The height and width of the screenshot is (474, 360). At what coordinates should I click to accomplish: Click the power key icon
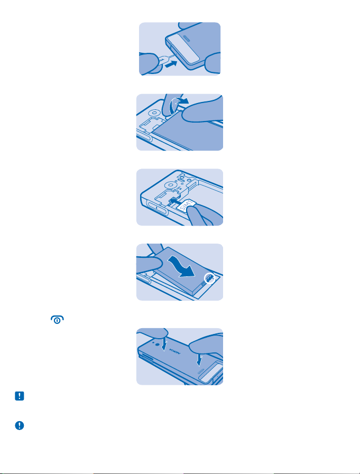(58, 320)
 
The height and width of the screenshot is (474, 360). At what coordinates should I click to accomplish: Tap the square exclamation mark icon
(20, 396)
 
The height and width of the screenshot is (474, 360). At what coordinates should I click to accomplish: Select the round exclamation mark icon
(20, 425)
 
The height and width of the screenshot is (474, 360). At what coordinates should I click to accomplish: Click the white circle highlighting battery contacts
(209, 278)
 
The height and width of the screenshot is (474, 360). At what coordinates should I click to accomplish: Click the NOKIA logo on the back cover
(175, 352)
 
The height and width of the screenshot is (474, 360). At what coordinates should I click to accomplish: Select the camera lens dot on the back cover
(158, 345)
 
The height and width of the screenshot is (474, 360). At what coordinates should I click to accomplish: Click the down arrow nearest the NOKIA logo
(164, 344)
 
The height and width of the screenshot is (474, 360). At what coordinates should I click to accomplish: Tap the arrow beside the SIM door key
(171, 64)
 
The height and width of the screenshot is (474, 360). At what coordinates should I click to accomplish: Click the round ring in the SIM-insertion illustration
(171, 185)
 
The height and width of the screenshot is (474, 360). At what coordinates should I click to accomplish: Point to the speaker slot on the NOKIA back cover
(200, 370)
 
